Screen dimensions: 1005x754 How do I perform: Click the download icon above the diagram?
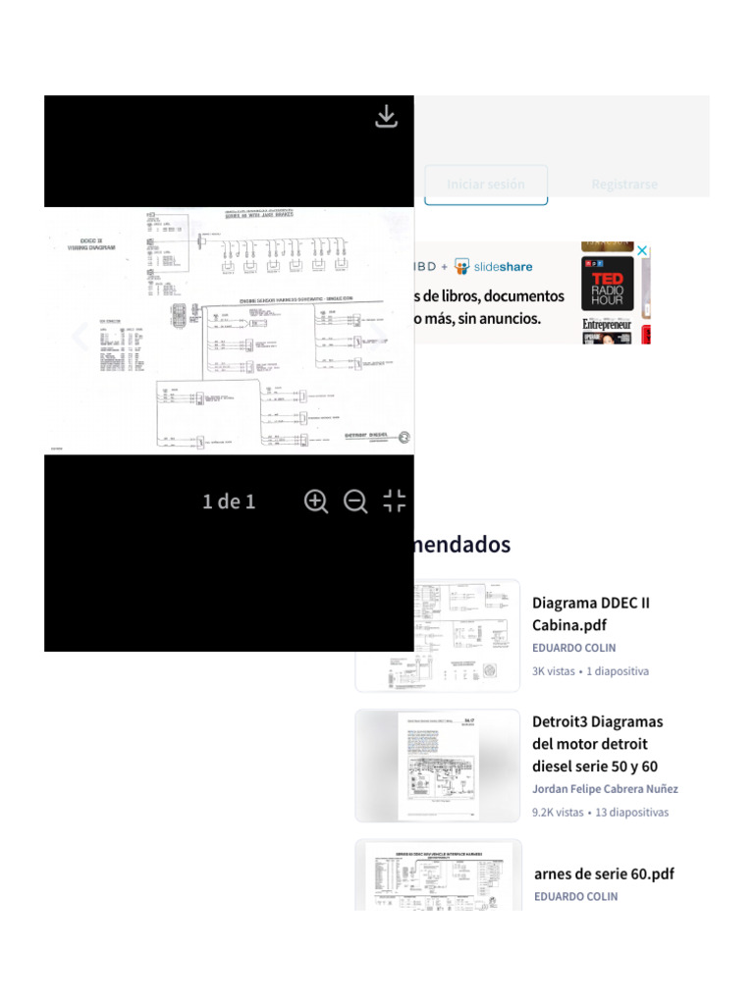[387, 117]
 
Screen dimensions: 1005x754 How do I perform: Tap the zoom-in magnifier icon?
[316, 502]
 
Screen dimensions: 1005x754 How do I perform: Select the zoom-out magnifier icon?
[355, 502]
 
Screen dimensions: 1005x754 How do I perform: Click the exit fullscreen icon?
[395, 502]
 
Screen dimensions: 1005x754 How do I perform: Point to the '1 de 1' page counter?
[229, 502]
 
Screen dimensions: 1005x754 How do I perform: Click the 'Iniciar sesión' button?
[486, 185]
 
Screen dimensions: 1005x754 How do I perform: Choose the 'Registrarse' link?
[624, 185]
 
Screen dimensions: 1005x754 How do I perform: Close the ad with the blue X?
[642, 251]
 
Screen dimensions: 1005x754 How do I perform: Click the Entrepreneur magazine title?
[608, 325]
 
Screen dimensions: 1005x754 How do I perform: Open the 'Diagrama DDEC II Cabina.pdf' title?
[591, 613]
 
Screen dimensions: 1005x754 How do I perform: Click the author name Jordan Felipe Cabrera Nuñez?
[605, 789]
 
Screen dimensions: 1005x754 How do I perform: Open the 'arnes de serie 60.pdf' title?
[604, 873]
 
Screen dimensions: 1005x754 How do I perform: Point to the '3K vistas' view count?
[554, 671]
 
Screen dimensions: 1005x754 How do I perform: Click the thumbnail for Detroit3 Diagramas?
[438, 766]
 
